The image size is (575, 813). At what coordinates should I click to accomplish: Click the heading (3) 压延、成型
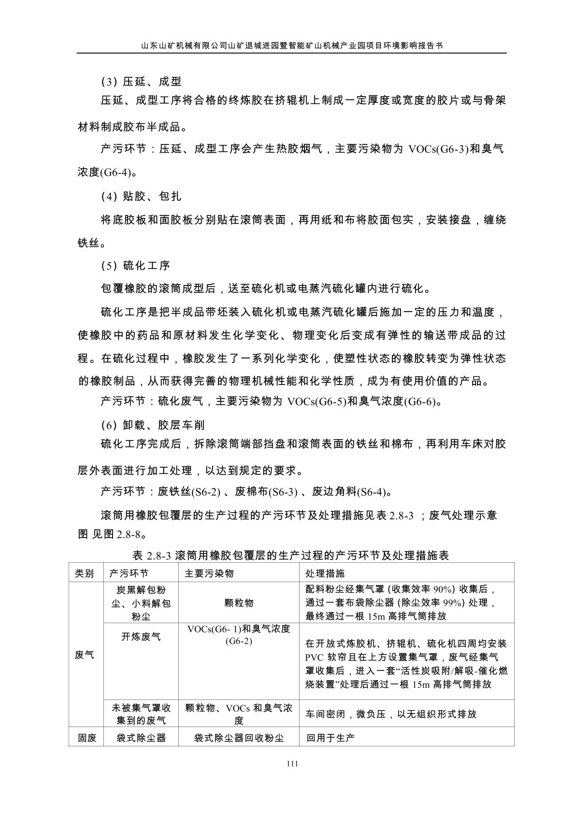point(141,81)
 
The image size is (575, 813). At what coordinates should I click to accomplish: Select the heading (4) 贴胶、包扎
point(141,196)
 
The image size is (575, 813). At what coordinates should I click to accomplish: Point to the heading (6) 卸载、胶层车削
point(153,425)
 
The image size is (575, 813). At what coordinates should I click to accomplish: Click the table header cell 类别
point(85,573)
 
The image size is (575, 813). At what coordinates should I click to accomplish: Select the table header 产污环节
point(129,573)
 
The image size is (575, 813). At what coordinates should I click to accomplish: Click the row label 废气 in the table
point(85,656)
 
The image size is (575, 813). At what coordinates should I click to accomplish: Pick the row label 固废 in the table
point(87,738)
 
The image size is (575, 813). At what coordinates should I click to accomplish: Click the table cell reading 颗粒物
point(239,603)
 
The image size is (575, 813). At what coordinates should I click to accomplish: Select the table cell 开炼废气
point(141,637)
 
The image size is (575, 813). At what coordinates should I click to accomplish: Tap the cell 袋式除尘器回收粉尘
point(239,738)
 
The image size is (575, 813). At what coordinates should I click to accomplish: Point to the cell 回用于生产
point(331,738)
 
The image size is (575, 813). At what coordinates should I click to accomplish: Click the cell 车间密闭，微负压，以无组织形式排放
point(391,714)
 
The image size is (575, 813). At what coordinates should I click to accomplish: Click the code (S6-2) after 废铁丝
point(205,492)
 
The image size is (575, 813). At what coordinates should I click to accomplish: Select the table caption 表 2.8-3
point(152,556)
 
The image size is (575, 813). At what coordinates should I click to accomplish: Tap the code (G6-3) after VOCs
point(452,149)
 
